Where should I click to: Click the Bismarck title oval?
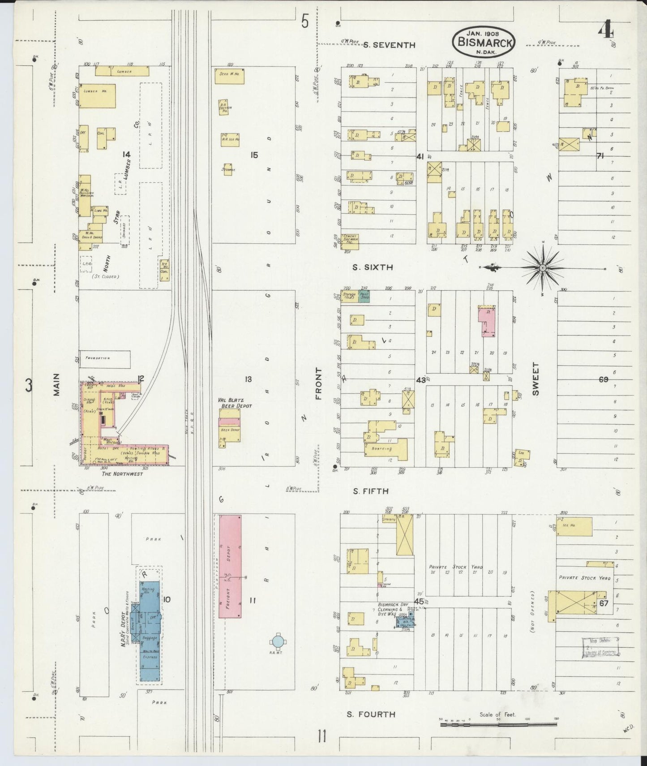tap(484, 41)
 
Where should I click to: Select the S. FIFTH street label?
tap(370, 491)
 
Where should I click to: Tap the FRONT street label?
tap(318, 384)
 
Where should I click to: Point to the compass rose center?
tap(543, 268)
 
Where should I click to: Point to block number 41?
tap(420, 156)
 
